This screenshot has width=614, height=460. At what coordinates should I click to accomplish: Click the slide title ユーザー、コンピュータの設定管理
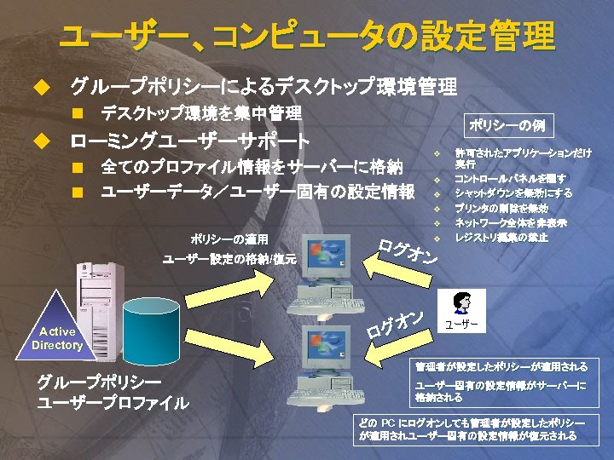[307, 36]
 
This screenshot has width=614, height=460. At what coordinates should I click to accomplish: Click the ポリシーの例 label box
[507, 126]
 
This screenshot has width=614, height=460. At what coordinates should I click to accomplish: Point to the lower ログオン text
[396, 324]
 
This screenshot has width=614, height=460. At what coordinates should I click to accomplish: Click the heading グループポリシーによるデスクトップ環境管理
[264, 86]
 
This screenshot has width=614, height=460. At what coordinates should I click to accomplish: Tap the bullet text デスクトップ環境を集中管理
[201, 113]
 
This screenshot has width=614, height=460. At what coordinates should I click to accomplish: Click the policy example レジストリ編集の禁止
[501, 238]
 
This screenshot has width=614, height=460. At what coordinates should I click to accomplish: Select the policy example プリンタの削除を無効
[501, 208]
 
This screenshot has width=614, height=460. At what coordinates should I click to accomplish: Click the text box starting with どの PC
[472, 429]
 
